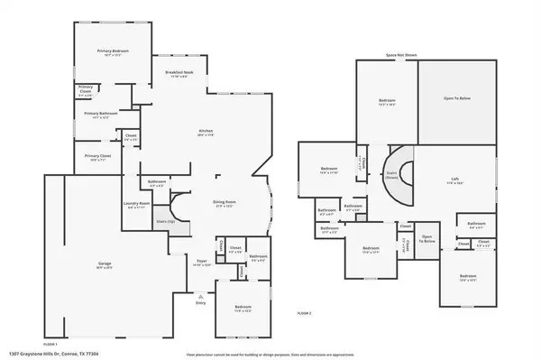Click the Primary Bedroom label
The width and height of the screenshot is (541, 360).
pos(114,51)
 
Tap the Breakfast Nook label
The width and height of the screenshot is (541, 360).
pos(179,72)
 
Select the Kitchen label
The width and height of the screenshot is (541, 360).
pos(206,132)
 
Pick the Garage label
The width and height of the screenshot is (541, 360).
pos(105,265)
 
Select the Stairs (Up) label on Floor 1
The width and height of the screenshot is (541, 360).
pos(164,220)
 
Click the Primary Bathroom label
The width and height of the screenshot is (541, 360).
pos(103,114)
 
